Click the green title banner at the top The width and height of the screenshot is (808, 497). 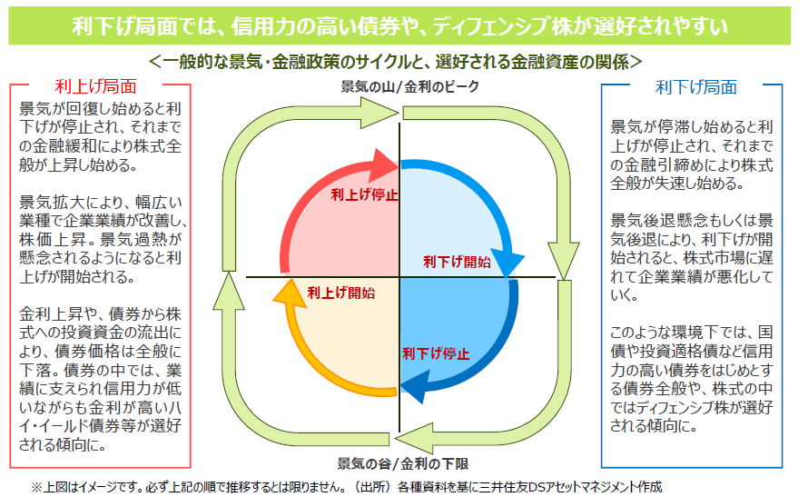(x=403, y=25)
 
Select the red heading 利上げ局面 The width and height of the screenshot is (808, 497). (x=95, y=87)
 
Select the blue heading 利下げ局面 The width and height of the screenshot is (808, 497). (x=695, y=87)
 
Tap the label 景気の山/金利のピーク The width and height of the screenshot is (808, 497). (x=397, y=86)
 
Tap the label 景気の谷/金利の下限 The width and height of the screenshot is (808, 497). (x=397, y=462)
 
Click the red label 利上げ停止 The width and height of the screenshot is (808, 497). (x=364, y=194)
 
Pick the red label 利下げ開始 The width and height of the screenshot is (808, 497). (x=458, y=262)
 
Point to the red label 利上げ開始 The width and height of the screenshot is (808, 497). (x=340, y=293)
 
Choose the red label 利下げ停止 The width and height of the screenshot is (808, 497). (x=436, y=353)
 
